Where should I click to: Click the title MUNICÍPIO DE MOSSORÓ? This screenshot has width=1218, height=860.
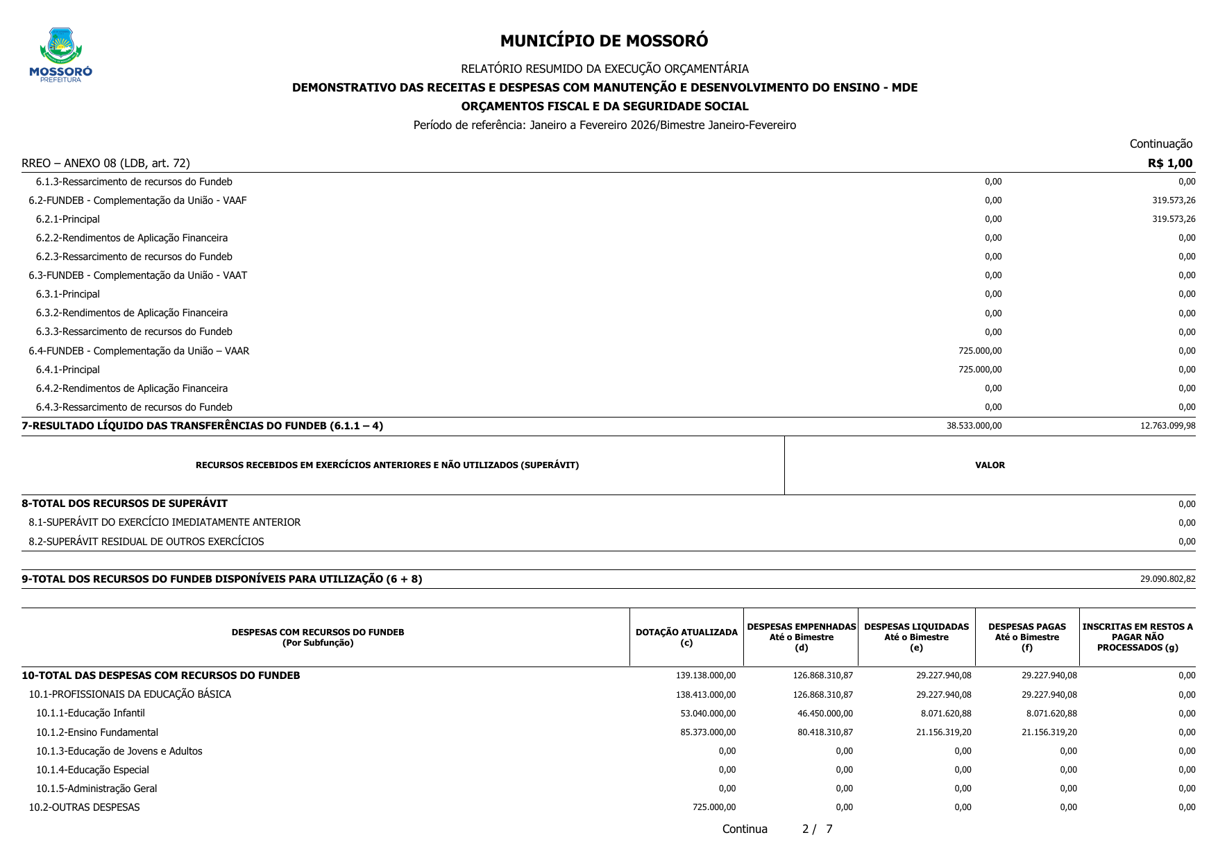click(604, 41)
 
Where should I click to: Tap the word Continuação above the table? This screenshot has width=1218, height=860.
click(1160, 144)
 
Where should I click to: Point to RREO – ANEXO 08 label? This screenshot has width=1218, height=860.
click(105, 164)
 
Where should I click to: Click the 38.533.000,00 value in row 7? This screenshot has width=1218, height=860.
click(974, 426)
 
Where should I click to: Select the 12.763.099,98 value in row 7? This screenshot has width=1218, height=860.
click(1167, 426)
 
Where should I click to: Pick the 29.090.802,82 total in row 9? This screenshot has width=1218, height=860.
click(1167, 579)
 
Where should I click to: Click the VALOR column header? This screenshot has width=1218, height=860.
click(990, 465)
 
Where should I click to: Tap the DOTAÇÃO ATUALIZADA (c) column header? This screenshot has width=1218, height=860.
click(686, 637)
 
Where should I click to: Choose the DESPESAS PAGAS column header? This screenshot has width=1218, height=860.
click(1027, 637)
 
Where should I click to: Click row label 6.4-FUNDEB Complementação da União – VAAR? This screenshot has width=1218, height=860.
click(139, 351)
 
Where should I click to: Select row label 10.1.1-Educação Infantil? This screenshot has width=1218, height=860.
click(90, 714)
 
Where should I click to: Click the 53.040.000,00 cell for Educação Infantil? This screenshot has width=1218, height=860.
click(708, 714)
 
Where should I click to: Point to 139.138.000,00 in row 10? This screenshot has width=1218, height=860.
click(705, 676)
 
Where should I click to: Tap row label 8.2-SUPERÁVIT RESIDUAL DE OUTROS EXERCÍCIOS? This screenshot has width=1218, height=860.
click(146, 542)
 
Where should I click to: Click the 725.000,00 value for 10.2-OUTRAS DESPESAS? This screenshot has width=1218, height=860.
click(714, 807)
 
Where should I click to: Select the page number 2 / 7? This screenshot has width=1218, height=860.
click(817, 829)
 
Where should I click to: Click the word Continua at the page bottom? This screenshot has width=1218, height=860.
click(745, 829)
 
